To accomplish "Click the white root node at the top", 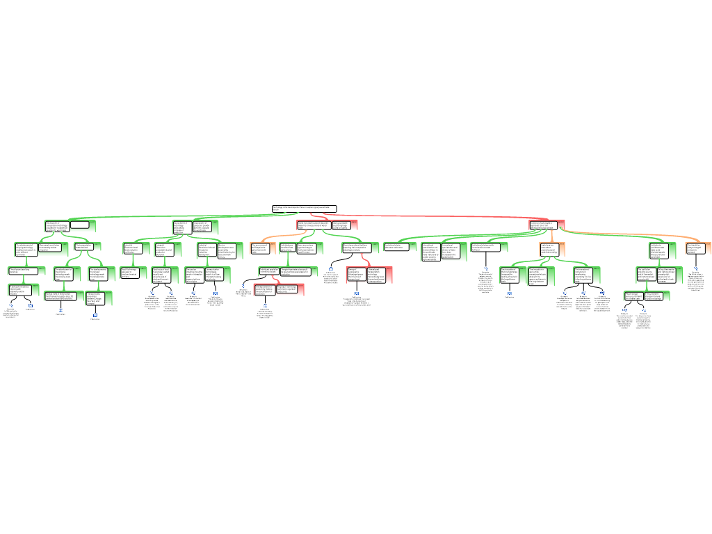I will (x=304, y=209).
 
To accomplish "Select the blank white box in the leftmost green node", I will (x=79, y=225).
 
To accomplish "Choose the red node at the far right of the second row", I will (x=547, y=225).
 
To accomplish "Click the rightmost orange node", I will (x=698, y=248).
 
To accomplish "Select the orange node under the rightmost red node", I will (x=551, y=249).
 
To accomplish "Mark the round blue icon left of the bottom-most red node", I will (x=243, y=286).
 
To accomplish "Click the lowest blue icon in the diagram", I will (x=95, y=315).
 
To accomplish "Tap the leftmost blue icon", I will (x=11, y=305).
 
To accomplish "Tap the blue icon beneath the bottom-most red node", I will (x=265, y=305).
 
